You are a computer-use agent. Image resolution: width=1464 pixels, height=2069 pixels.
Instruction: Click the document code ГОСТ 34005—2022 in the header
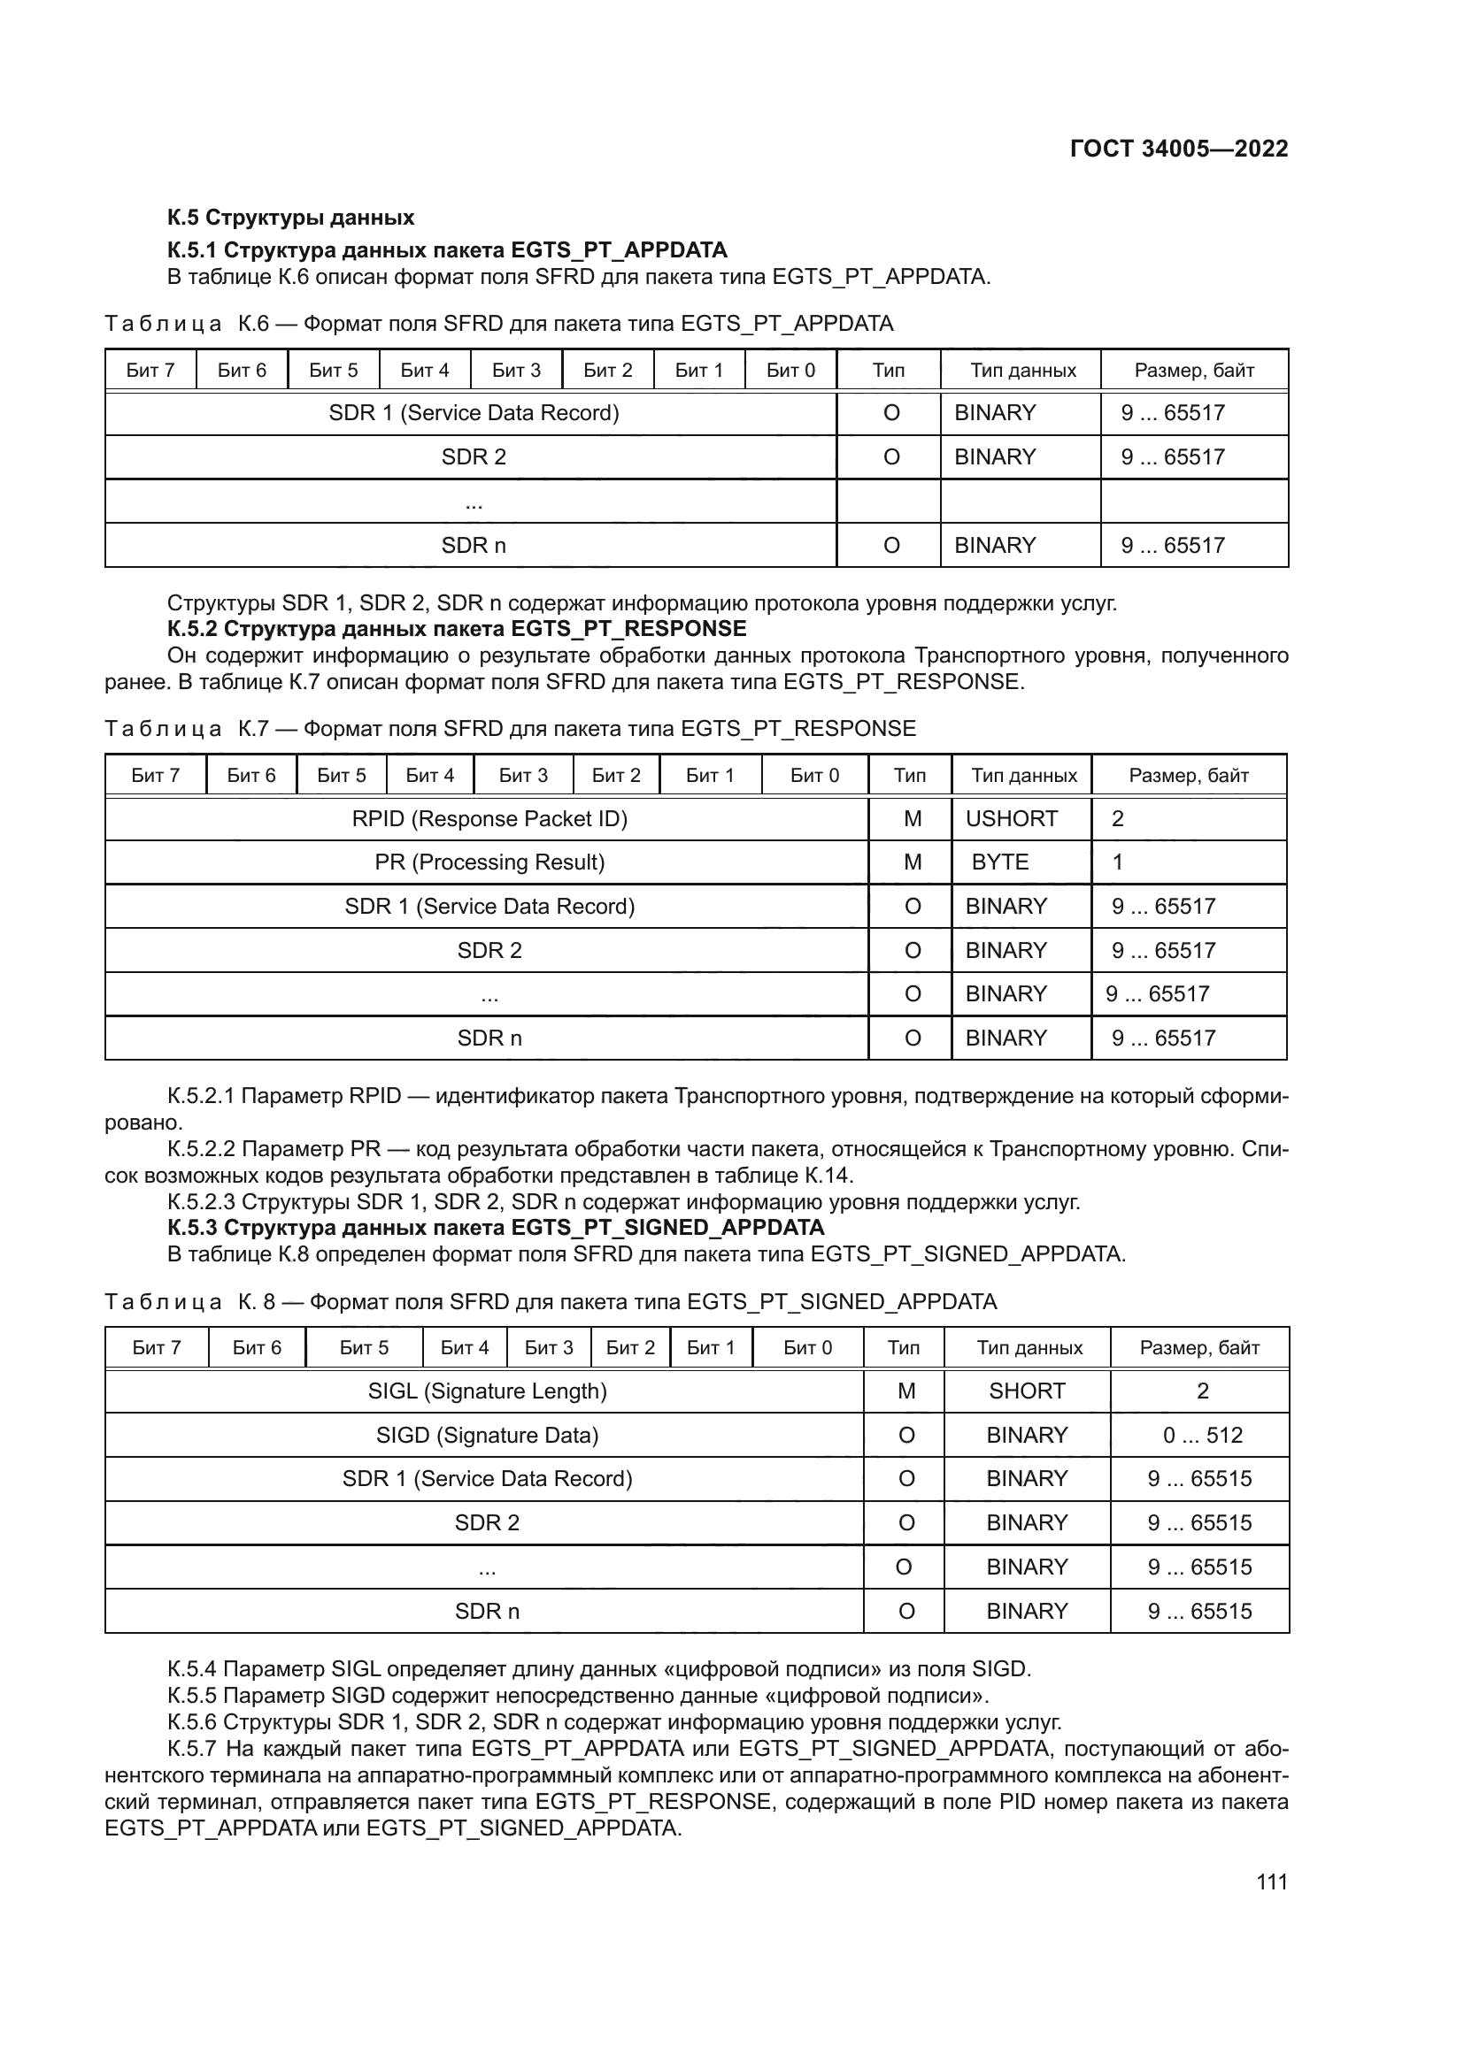(1178, 149)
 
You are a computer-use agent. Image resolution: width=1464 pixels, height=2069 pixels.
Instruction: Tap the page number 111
(1271, 1881)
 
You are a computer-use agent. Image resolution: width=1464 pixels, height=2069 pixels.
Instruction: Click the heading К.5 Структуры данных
(290, 218)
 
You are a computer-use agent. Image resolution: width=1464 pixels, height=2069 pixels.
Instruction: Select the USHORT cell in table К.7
(1011, 818)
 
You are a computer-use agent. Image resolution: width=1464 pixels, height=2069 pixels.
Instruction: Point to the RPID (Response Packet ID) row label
(489, 818)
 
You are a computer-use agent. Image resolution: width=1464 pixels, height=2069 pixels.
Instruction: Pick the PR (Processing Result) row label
(489, 862)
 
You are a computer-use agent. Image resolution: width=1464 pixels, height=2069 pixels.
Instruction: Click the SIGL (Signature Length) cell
(487, 1391)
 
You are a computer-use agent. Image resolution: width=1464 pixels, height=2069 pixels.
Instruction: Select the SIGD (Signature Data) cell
(487, 1436)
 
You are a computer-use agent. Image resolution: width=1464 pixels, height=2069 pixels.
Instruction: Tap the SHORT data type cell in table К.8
(1026, 1391)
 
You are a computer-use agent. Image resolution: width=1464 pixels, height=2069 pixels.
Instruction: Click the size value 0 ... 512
(1202, 1436)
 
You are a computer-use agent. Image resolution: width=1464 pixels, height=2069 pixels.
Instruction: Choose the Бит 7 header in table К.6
(150, 371)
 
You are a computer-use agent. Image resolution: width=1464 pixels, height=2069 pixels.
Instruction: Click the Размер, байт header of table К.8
(1199, 1348)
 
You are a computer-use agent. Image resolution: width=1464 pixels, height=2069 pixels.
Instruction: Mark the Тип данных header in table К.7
(1023, 776)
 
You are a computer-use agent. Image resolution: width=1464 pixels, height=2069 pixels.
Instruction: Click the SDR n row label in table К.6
(474, 546)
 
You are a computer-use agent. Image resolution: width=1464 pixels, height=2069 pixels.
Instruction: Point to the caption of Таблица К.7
(509, 729)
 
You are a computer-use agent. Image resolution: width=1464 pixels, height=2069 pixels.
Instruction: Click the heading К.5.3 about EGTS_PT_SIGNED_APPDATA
(496, 1229)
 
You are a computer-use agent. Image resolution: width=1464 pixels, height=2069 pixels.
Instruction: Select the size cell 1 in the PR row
(1117, 862)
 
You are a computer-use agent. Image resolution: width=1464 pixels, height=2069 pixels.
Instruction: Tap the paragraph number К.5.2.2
(200, 1150)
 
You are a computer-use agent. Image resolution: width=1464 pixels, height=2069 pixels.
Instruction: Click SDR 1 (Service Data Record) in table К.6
(474, 414)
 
